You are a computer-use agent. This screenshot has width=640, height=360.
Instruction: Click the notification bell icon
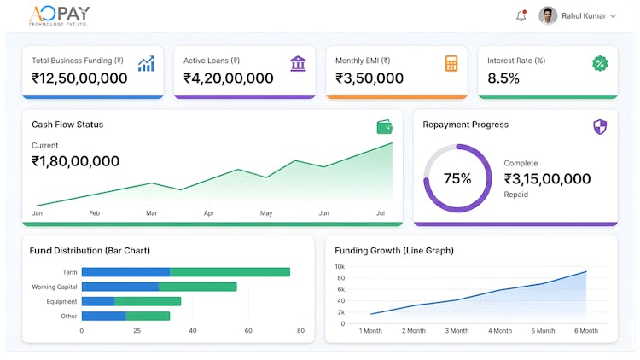tap(521, 15)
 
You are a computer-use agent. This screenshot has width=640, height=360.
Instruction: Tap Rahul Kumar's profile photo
tap(548, 15)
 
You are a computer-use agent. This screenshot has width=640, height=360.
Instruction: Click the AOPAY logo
tap(59, 15)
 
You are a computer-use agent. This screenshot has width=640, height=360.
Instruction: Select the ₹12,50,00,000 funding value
tap(79, 78)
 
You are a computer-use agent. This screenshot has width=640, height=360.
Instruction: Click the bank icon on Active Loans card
tap(299, 63)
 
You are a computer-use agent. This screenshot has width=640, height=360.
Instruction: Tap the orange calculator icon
tap(451, 63)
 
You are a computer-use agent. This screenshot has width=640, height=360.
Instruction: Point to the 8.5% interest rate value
tap(503, 78)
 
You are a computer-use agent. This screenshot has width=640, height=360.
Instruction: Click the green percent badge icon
tap(600, 63)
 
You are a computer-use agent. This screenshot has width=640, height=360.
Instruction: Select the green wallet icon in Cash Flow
tap(385, 127)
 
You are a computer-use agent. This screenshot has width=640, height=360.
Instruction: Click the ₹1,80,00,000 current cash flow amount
tap(75, 161)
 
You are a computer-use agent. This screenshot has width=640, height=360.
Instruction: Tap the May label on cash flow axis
tap(266, 213)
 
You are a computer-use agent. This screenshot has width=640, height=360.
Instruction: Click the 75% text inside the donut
tap(457, 178)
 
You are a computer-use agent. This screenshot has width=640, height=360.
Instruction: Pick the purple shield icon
tap(600, 127)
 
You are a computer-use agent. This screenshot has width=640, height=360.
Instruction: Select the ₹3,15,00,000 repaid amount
tap(547, 179)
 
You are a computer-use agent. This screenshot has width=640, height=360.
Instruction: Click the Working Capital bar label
tap(55, 287)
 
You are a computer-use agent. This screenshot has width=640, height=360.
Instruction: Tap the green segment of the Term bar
tap(230, 272)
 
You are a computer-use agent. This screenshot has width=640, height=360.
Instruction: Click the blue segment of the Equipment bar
tap(98, 301)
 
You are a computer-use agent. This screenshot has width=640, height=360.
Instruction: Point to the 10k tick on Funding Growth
tap(340, 267)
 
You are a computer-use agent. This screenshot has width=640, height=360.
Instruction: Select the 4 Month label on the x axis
tap(501, 330)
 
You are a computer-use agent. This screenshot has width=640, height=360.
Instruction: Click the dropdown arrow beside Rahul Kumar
tap(613, 16)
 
